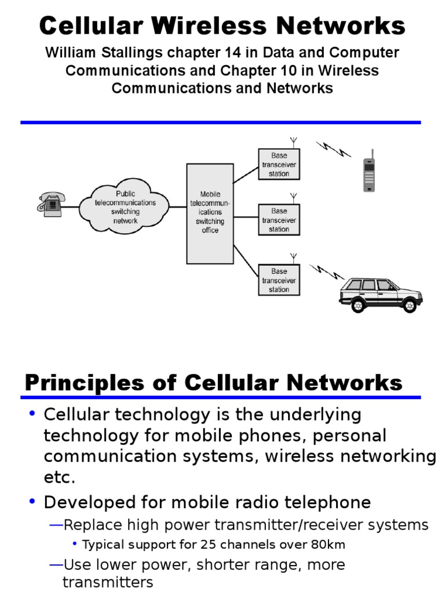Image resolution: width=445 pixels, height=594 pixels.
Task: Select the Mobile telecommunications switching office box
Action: (x=210, y=213)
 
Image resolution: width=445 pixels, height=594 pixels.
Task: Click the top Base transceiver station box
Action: (x=279, y=165)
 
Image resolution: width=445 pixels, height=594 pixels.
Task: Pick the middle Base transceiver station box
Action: (x=279, y=220)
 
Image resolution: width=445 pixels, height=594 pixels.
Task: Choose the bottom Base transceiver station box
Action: (x=279, y=280)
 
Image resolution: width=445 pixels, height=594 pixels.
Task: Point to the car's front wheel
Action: (x=410, y=306)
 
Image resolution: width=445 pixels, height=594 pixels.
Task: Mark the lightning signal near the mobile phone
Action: (x=334, y=149)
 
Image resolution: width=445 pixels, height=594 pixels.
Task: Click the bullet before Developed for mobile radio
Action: (x=32, y=502)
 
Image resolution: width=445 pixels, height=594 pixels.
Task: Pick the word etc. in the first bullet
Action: (x=60, y=477)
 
